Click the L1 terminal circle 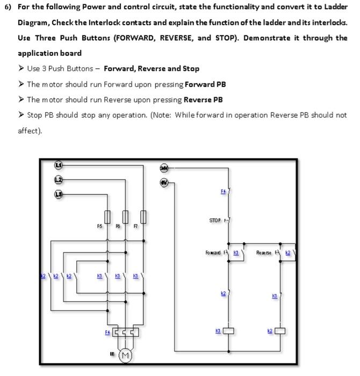click(x=58, y=165)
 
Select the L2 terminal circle click(x=58, y=179)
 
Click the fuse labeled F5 click(x=107, y=216)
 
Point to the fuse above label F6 click(x=125, y=216)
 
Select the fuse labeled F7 click(x=143, y=216)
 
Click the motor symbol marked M click(x=125, y=356)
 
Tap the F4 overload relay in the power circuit click(x=125, y=334)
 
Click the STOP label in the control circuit click(x=215, y=221)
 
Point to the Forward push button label click(x=213, y=252)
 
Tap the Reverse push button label click(x=264, y=252)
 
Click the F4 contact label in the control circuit click(x=223, y=191)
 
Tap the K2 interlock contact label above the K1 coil click(x=223, y=293)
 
